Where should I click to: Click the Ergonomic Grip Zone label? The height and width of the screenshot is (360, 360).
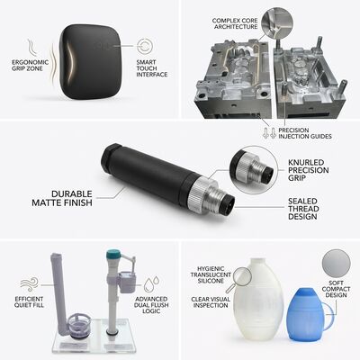(x=30, y=66)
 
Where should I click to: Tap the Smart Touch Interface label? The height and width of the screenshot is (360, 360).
(x=152, y=68)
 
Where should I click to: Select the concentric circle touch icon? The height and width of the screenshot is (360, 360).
(x=145, y=46)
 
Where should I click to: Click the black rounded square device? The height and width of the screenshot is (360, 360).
(x=89, y=62)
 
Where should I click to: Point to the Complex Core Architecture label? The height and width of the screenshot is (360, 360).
(x=235, y=23)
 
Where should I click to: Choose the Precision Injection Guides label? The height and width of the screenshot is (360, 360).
(x=305, y=133)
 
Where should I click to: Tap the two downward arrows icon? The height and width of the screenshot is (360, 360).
(x=269, y=133)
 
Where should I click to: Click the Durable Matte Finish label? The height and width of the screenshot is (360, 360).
(x=62, y=198)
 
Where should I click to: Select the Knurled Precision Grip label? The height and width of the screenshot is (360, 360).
(x=309, y=170)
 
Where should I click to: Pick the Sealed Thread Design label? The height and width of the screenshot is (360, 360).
(x=303, y=209)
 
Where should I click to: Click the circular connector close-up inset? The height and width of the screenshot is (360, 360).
(x=254, y=170)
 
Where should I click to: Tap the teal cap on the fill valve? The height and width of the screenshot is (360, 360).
(x=113, y=255)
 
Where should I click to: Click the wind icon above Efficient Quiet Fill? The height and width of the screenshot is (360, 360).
(x=29, y=283)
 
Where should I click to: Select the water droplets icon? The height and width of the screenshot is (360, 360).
(x=151, y=284)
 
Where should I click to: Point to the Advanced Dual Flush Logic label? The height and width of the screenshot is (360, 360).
(x=151, y=305)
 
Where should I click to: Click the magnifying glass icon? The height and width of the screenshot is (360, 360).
(x=239, y=278)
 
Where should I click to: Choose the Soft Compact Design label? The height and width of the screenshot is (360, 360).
(x=336, y=289)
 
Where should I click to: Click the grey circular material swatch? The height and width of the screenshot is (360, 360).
(x=336, y=264)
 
